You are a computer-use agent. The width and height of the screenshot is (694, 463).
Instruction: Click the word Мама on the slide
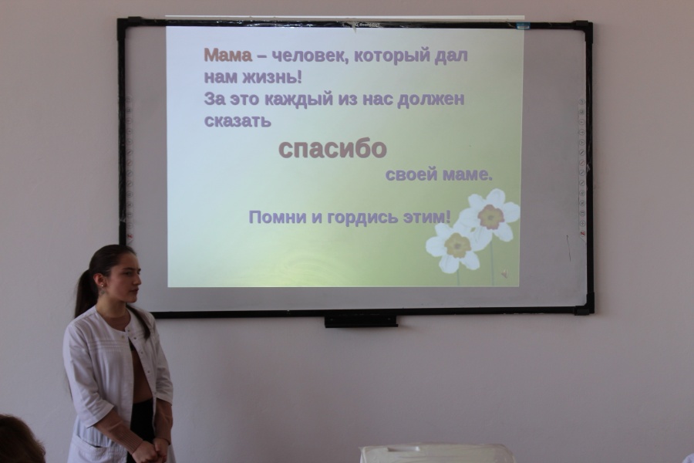click(x=227, y=56)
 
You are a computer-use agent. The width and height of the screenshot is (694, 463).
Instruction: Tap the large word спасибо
click(x=332, y=148)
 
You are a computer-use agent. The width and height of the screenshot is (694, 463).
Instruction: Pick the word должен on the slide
click(x=431, y=100)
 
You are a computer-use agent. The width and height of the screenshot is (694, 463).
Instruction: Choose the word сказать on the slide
click(x=238, y=121)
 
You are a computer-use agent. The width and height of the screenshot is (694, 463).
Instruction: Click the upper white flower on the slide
click(x=490, y=215)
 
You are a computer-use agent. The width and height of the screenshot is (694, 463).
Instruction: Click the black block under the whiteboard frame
click(x=360, y=320)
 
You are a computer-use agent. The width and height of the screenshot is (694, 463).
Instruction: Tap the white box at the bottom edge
click(x=436, y=454)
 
